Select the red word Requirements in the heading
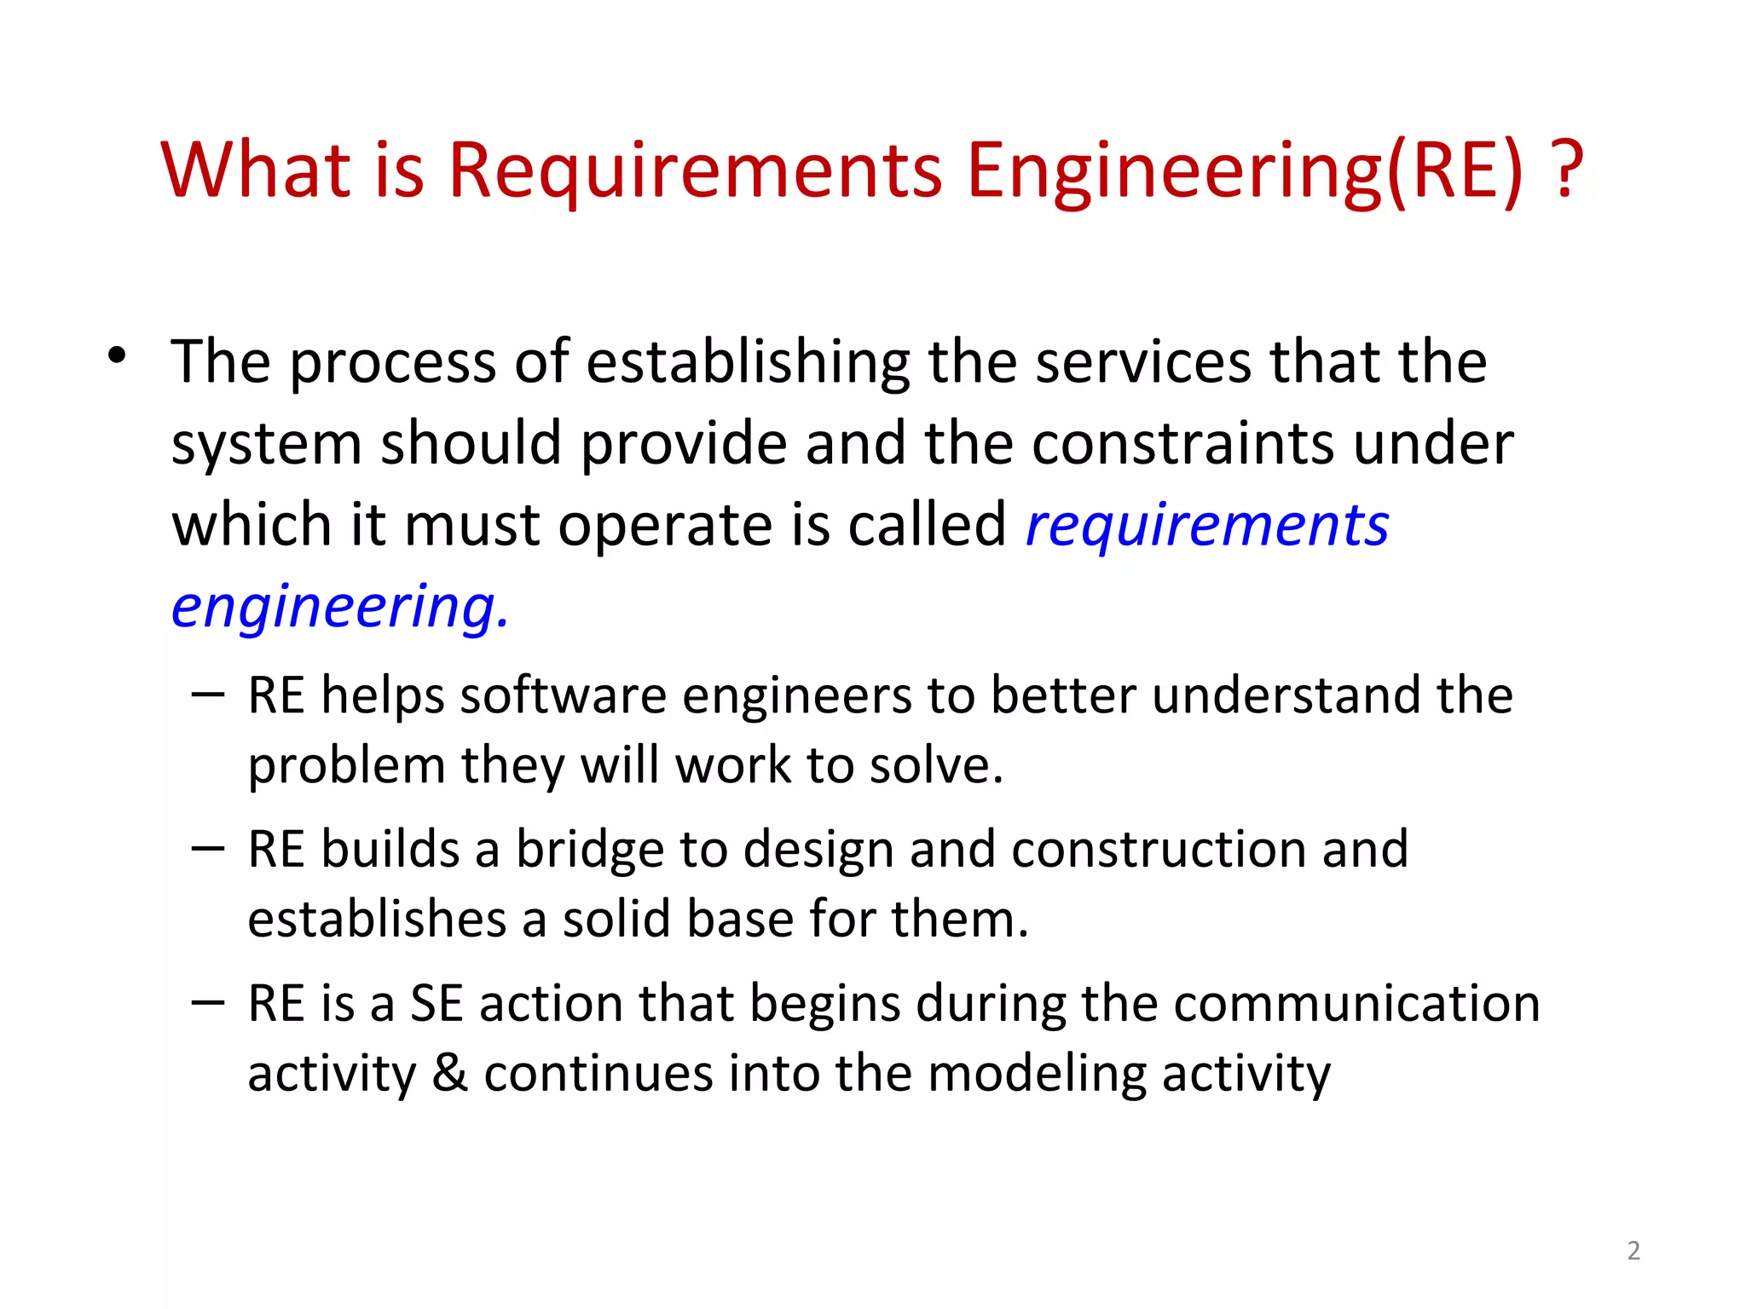pyautogui.click(x=695, y=173)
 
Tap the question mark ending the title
pyautogui.click(x=1567, y=170)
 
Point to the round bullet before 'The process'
pyautogui.click(x=118, y=356)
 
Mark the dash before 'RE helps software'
pyautogui.click(x=208, y=694)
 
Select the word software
pyautogui.click(x=563, y=695)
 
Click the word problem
pyautogui.click(x=346, y=767)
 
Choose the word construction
pyautogui.click(x=1159, y=850)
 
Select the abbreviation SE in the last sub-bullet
pyautogui.click(x=436, y=1004)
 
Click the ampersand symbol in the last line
pyautogui.click(x=450, y=1073)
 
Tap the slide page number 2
pyautogui.click(x=1633, y=1250)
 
